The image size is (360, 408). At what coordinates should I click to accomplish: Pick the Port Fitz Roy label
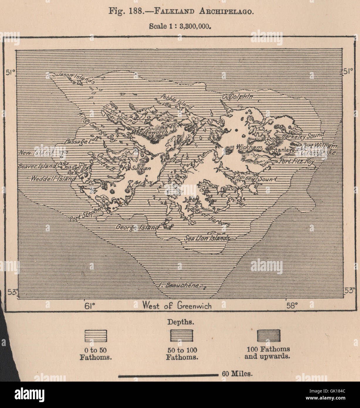(x=297, y=161)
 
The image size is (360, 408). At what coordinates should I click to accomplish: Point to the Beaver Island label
(x=37, y=166)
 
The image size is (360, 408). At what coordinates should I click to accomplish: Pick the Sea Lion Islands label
(x=207, y=238)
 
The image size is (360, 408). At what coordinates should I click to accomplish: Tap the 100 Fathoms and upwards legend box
(x=268, y=335)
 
